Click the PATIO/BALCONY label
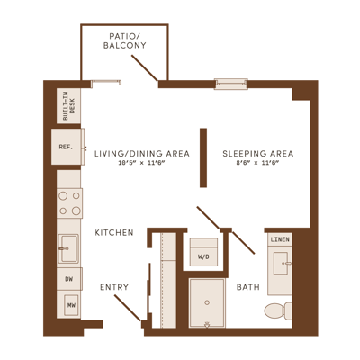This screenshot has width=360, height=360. pyautogui.click(x=125, y=41)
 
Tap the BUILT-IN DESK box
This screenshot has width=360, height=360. pyautogui.click(x=68, y=105)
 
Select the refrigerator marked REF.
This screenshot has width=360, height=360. pyautogui.click(x=67, y=147)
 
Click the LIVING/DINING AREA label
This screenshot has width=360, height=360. pyautogui.click(x=142, y=154)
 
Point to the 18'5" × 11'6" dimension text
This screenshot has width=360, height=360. pyautogui.click(x=142, y=163)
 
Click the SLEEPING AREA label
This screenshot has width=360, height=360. pyautogui.click(x=258, y=154)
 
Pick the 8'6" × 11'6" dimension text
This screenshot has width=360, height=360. pyautogui.click(x=258, y=163)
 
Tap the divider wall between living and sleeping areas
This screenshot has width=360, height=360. pyautogui.click(x=203, y=157)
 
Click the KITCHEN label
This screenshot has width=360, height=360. pyautogui.click(x=114, y=232)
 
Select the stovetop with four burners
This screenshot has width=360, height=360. pyautogui.click(x=69, y=203)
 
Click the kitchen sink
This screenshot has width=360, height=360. pyautogui.click(x=68, y=248)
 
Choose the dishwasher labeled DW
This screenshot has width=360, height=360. pyautogui.click(x=69, y=279)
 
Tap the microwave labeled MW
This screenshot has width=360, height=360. pyautogui.click(x=71, y=305)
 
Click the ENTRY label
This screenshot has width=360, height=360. pyautogui.click(x=114, y=287)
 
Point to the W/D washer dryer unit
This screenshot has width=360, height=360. pyautogui.click(x=203, y=252)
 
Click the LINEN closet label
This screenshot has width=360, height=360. pyautogui.click(x=280, y=239)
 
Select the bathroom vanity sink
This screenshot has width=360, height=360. pyautogui.click(x=282, y=263)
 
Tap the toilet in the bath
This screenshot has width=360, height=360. pyautogui.click(x=278, y=310)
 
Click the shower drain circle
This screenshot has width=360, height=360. pyautogui.click(x=207, y=302)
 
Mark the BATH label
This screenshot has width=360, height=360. pyautogui.click(x=248, y=287)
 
